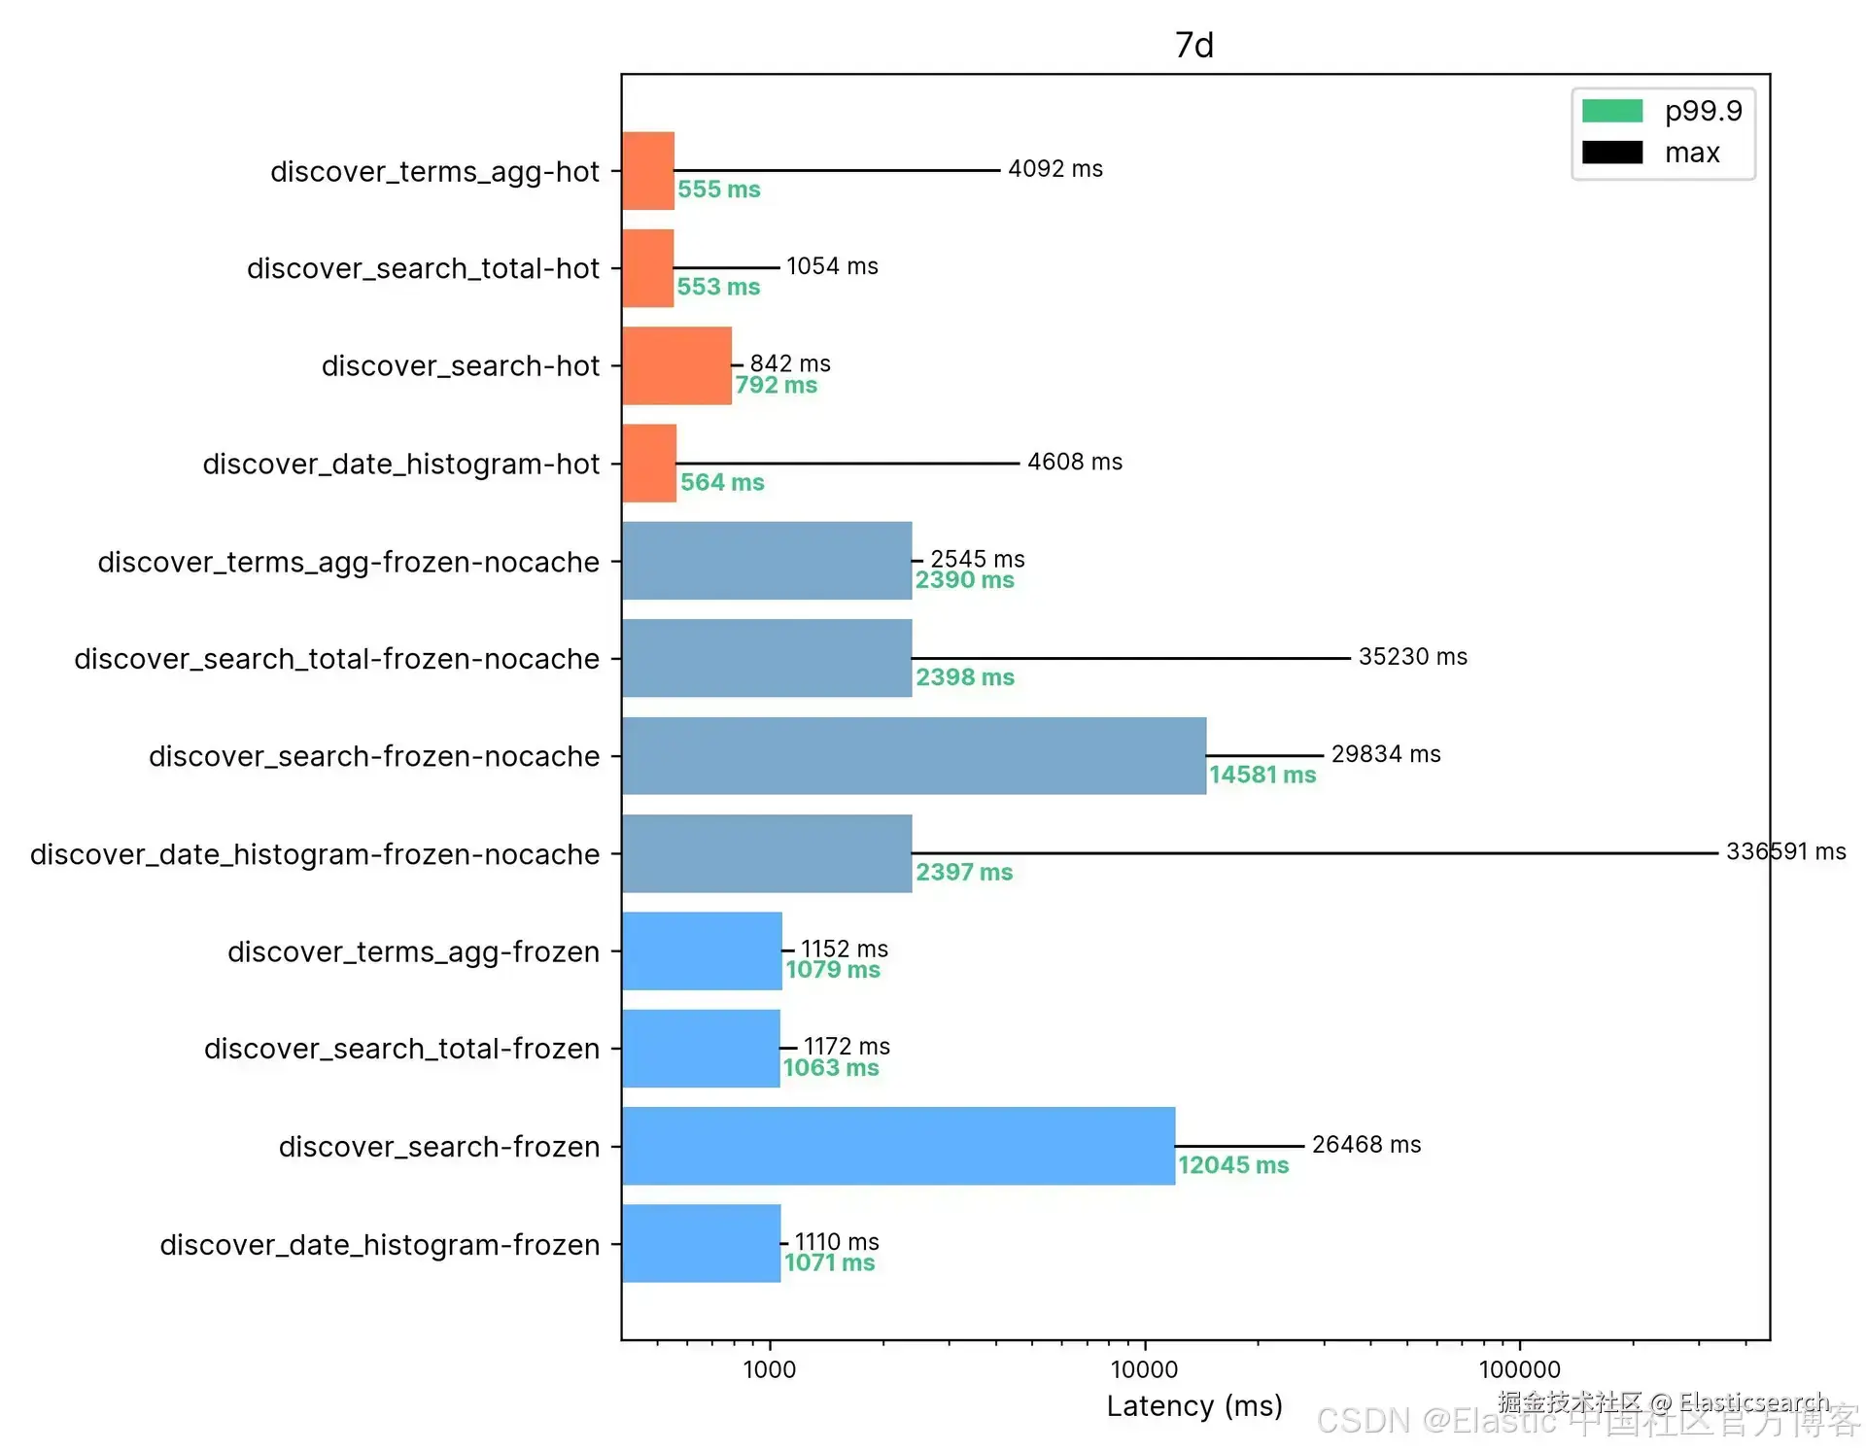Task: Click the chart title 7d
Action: (1194, 45)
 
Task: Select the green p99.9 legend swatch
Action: (1611, 111)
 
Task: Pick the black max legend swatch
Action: (1611, 153)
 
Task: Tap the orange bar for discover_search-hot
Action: (676, 365)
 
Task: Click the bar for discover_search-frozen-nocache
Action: (914, 756)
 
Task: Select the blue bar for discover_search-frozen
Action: (898, 1146)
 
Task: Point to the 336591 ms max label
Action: (1785, 851)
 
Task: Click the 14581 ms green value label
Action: (1261, 775)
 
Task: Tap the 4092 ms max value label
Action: (1055, 169)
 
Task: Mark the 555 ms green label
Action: (719, 190)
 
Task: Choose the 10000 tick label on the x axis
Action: (1144, 1369)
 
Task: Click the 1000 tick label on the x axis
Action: (769, 1369)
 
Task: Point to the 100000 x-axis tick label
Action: (1519, 1369)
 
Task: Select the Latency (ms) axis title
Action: (1194, 1406)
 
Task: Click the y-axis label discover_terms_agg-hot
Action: (434, 172)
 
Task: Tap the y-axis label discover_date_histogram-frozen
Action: (379, 1245)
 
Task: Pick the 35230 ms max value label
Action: (1412, 657)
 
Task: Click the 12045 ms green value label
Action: (1233, 1164)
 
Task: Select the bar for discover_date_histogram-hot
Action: (649, 464)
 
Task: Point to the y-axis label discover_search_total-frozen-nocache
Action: (336, 659)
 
